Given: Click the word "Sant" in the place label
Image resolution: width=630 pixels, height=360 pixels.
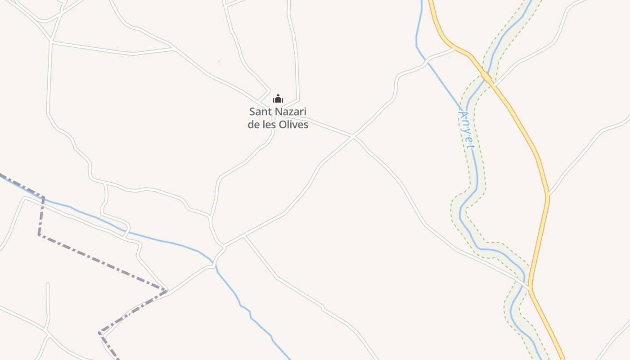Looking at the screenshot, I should click(259, 112).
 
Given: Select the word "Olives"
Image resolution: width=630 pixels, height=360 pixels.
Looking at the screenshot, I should click(293, 125).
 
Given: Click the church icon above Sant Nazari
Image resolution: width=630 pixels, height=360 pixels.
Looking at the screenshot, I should click(278, 99).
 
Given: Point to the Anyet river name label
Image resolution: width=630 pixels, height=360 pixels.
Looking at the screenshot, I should click(466, 130).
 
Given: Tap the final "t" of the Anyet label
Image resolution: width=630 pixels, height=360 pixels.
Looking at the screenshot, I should click(471, 146).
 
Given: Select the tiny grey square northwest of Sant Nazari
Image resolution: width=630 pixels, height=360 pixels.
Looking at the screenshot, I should click(219, 61).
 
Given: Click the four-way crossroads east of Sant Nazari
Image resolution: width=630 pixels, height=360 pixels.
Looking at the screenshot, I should click(354, 135).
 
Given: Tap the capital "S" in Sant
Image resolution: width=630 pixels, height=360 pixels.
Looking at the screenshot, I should click(252, 112).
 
